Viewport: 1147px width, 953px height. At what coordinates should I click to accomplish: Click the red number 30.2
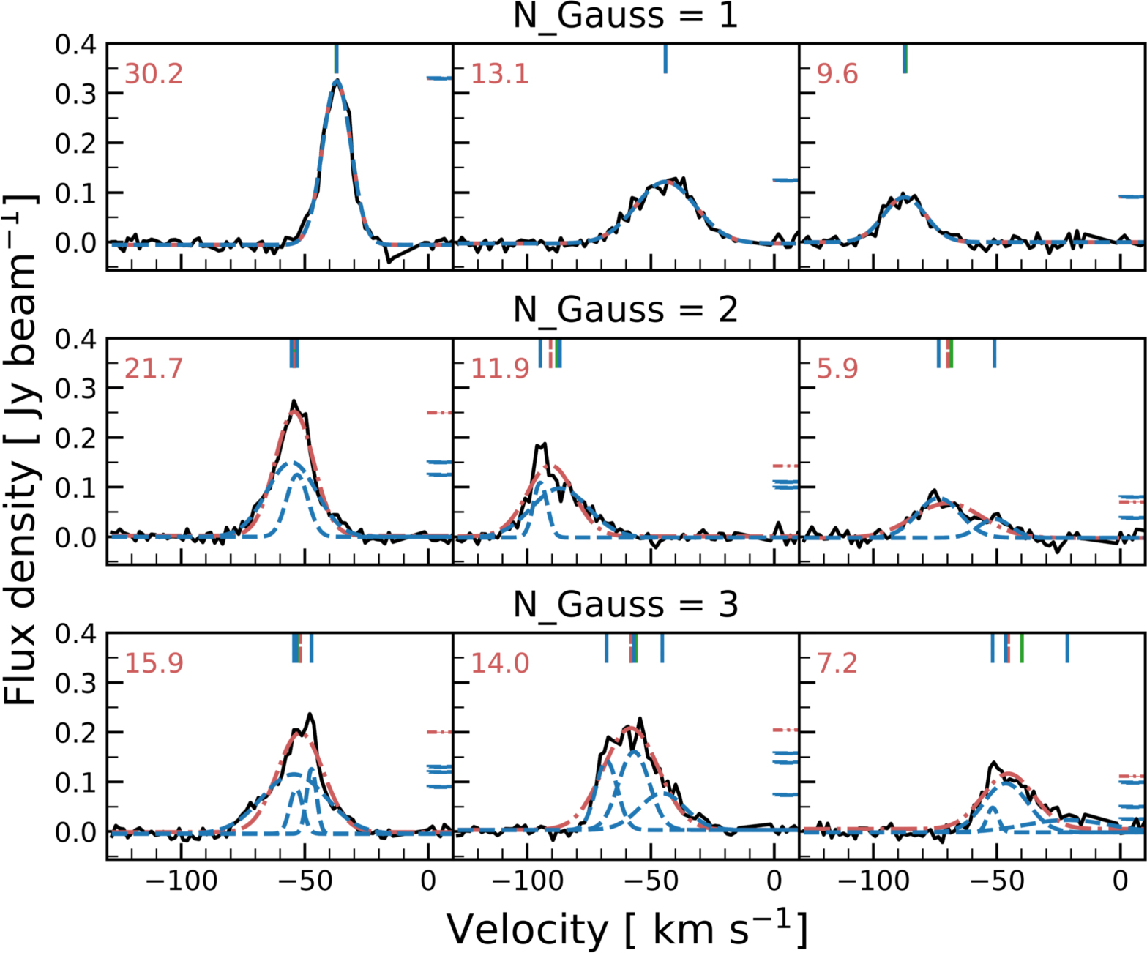coord(154,74)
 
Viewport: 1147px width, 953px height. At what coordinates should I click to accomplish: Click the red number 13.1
coord(499,74)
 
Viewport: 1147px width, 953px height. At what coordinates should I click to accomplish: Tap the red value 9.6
coord(837,74)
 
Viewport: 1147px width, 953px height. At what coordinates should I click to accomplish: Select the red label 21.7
coord(154,368)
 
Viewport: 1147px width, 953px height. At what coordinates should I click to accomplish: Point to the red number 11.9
coord(499,368)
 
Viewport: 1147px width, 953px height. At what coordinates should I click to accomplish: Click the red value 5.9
coord(837,368)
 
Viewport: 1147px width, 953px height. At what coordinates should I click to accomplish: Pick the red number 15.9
coord(154,662)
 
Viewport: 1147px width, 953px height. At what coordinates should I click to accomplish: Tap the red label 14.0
coord(499,662)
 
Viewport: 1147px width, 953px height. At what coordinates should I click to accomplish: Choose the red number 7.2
coord(837,662)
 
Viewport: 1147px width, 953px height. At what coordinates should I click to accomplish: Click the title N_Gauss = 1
coord(626,16)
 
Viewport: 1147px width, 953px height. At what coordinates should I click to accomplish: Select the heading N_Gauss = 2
coord(626,310)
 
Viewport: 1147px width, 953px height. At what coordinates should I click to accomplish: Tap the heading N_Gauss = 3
coord(626,605)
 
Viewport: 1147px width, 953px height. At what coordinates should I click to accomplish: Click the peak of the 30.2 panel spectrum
coord(336,81)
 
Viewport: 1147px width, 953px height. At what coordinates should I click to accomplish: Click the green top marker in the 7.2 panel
coord(1022,648)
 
